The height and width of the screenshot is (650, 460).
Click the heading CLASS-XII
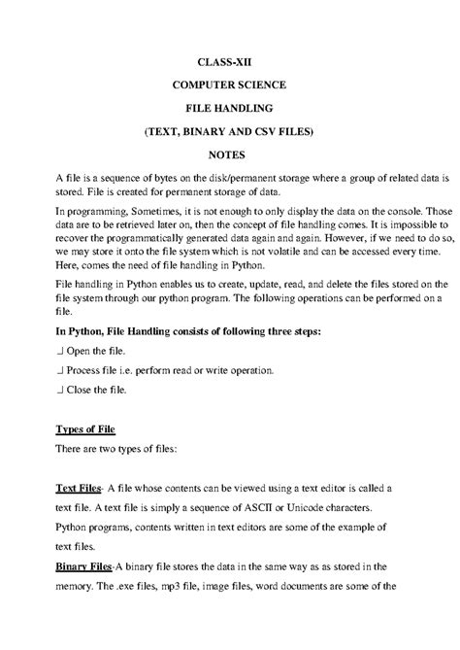(x=229, y=60)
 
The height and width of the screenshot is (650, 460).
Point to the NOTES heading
(x=229, y=154)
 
